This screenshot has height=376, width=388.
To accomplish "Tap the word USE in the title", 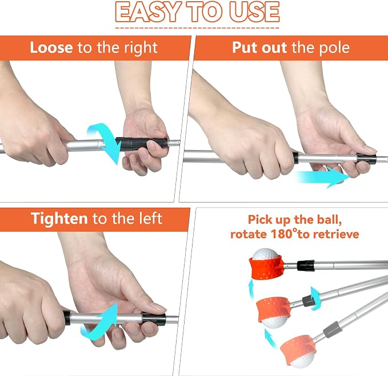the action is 255,12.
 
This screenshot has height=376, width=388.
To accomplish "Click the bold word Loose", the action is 51,47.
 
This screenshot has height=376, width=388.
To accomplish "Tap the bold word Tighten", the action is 59,219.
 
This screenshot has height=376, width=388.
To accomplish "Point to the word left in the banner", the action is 150,219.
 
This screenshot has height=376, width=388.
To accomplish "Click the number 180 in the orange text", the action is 282,234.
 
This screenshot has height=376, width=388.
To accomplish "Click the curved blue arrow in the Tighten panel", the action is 104,321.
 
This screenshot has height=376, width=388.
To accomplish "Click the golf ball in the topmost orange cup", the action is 265,254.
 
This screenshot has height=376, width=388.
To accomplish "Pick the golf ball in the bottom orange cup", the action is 302,359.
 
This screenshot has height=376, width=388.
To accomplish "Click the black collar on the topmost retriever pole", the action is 306,265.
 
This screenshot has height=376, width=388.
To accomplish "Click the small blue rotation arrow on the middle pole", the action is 315,298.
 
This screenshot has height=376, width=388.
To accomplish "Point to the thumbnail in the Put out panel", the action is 369,149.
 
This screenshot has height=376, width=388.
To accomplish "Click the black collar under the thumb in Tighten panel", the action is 154,319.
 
